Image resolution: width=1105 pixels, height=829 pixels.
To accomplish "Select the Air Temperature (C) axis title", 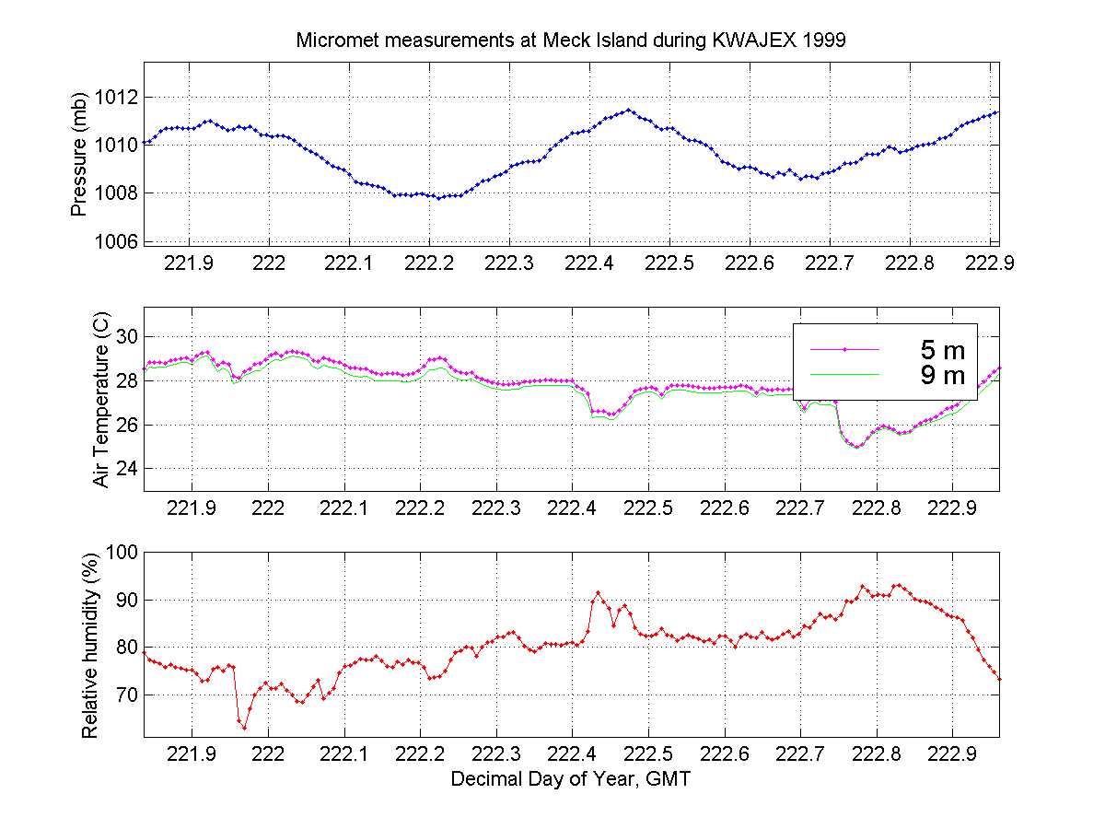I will (101, 400).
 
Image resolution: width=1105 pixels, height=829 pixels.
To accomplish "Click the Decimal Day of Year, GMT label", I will (571, 779).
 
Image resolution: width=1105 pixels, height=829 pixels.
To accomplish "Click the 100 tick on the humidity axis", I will (123, 552).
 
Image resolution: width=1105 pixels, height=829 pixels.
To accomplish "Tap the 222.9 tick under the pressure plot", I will (990, 263).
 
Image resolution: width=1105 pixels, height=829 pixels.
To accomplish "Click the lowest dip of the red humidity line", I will (245, 728).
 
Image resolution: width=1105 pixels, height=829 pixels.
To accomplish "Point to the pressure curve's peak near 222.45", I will (628, 110).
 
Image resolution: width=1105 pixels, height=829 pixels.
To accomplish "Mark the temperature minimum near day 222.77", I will (857, 447).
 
